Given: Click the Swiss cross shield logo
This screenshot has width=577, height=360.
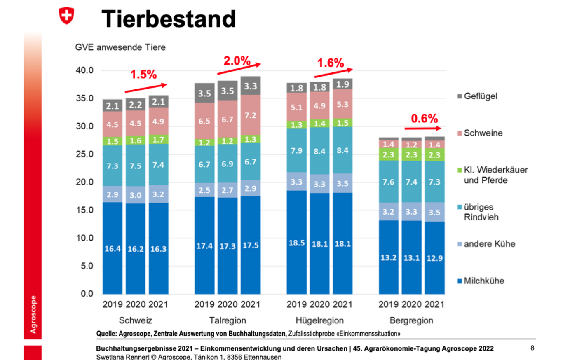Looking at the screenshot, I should pos(66,16).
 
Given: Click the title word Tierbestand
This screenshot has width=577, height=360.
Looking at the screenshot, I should pos(169,19).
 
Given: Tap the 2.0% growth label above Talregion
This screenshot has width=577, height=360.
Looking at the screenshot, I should pos(237,61).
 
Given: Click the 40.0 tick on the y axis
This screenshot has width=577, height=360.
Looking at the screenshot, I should pos(84,70).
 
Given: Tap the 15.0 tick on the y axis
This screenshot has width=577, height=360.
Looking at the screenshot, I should pos(84,210).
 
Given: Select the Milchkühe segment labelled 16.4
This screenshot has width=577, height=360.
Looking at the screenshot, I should pos(113,248).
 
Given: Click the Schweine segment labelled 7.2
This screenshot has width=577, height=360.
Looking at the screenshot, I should pos(251,115).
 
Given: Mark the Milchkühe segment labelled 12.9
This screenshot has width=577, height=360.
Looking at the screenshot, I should pos(434,258).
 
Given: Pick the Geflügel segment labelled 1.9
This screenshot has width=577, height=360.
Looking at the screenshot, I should pos(342,84).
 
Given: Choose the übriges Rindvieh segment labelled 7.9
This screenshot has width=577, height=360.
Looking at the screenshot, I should pos(297,150).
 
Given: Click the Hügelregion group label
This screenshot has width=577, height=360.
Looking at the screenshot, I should pos(319,320).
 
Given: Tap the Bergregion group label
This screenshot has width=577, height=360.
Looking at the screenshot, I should pos(411,320).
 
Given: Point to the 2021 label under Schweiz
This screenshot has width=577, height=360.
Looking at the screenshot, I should pos(158,304).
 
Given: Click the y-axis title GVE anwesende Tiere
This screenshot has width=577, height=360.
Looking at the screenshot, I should pos(120,47).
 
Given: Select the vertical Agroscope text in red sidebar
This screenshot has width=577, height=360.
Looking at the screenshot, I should pos(33,314).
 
